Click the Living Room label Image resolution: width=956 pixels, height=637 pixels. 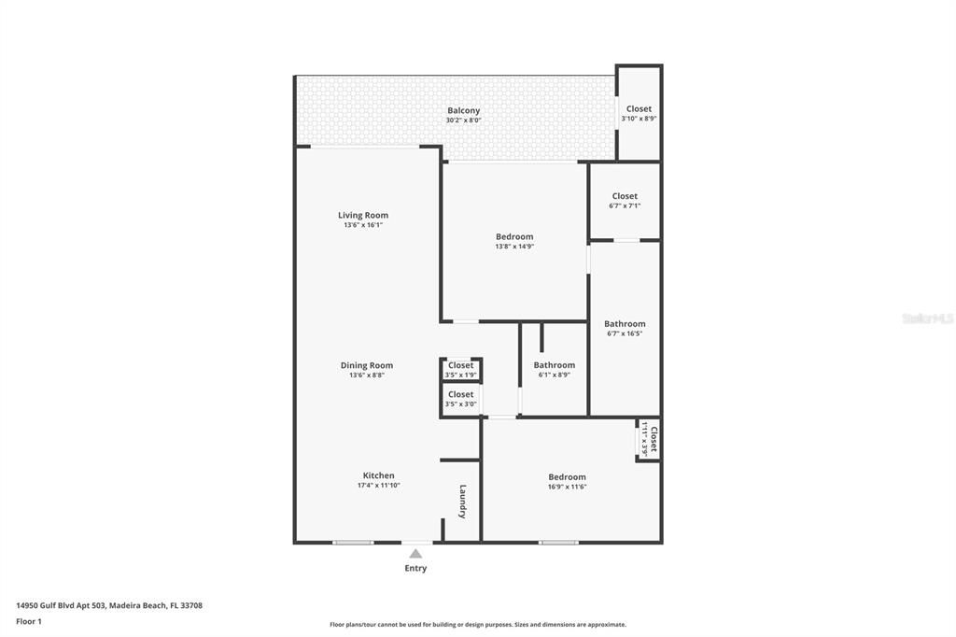pos(363,216)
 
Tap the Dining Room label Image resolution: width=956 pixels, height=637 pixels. pos(366,366)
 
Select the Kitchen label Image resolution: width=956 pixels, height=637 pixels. pos(378,475)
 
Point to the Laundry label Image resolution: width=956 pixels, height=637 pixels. pos(462,502)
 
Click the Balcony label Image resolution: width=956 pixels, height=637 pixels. pos(463,110)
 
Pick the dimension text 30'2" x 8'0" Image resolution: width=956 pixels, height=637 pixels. pos(463,120)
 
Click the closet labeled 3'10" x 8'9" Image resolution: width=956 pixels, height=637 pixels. pos(639,113)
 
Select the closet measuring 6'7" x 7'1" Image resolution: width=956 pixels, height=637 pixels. pos(625,201)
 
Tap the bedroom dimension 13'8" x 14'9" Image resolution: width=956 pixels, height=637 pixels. pos(514,247)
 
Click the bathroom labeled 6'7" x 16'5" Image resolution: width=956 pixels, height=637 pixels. pos(625,329)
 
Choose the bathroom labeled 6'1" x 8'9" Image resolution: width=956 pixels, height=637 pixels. pos(554,370)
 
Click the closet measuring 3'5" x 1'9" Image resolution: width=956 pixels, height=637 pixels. pos(460,370)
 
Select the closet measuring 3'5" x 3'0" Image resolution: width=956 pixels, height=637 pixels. pos(460,399)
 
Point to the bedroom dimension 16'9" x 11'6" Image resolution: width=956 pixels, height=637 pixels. pos(567,487)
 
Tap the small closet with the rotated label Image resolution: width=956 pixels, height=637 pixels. pos(650,439)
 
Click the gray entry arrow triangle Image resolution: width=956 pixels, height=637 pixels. pos(415,554)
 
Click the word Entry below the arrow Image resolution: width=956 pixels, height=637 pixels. pos(415,568)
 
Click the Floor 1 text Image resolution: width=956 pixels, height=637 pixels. pos(29,621)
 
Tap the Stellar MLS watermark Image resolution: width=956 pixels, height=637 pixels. pos(927,318)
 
